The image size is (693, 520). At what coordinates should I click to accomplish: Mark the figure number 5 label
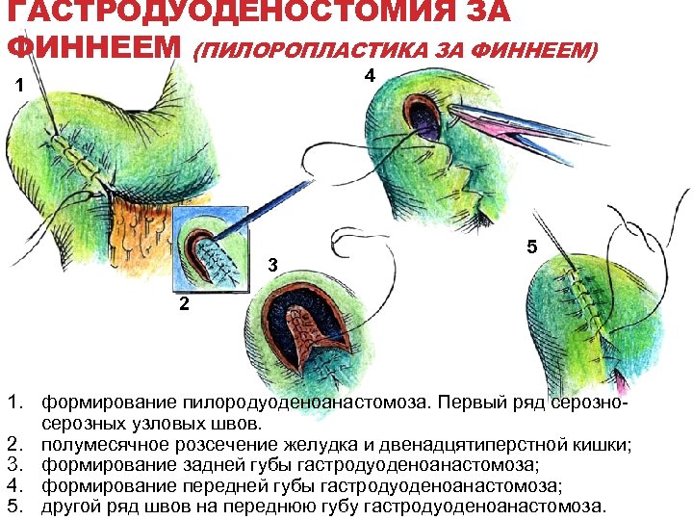click(531, 247)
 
